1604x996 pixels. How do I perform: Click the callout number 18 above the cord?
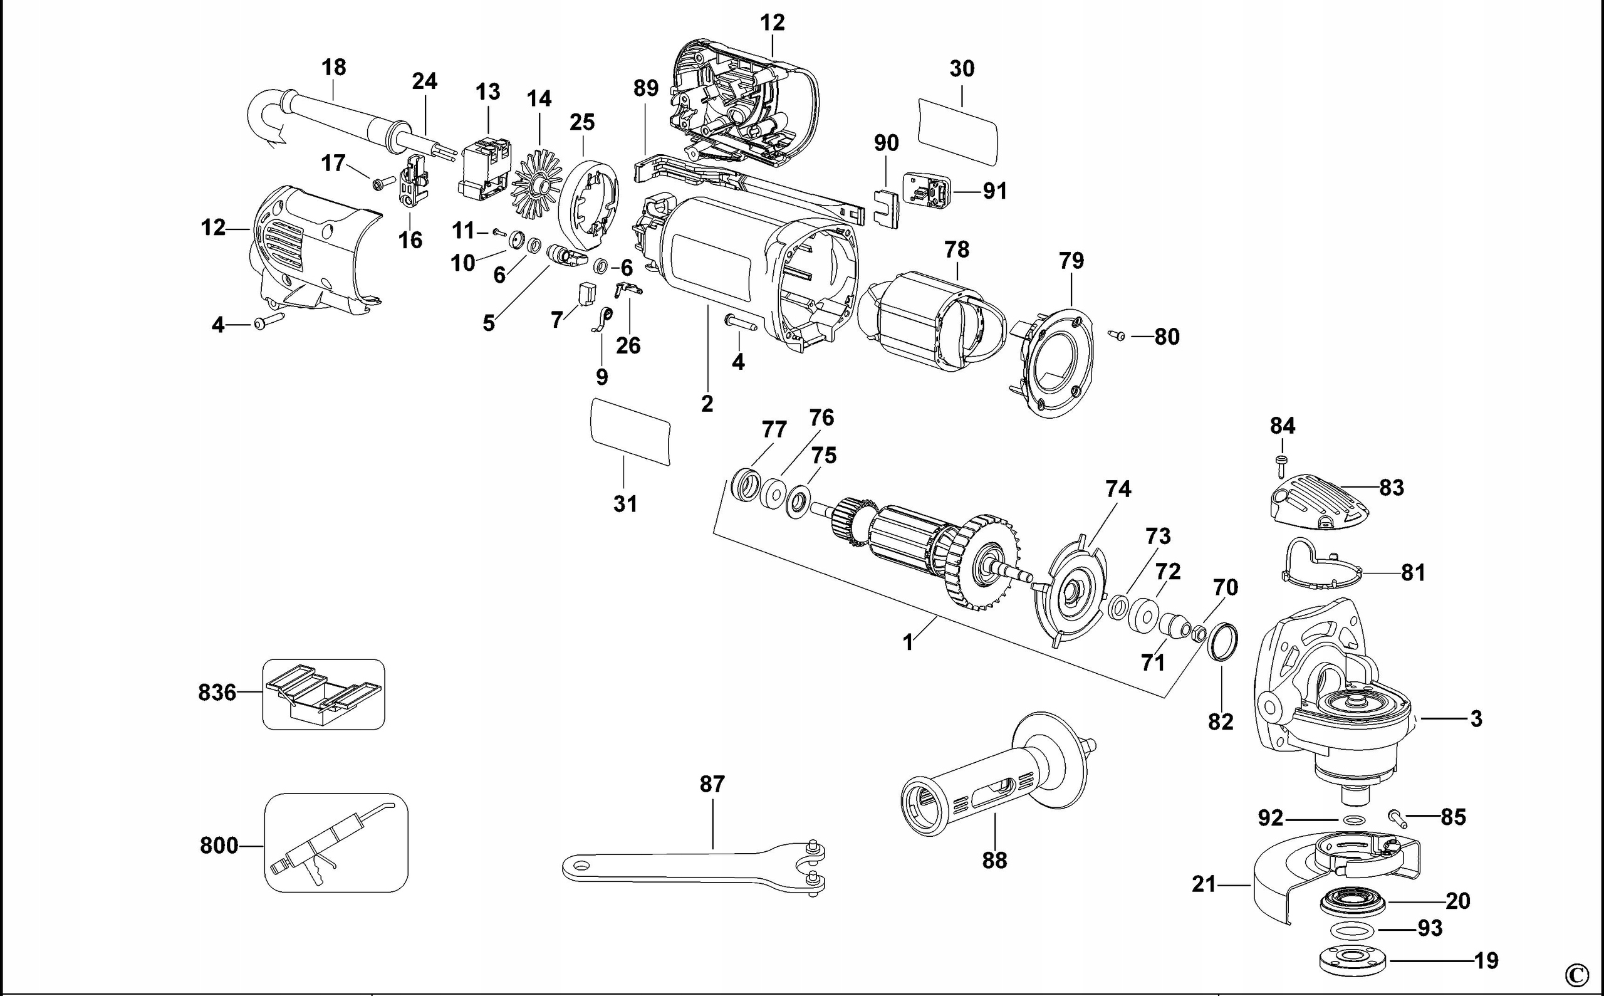coord(334,67)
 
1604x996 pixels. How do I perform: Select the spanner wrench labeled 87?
coord(691,866)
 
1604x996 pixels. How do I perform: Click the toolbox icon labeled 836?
coord(323,695)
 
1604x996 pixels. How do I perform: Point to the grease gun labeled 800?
coord(336,842)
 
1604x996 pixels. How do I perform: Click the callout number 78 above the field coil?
coord(956,249)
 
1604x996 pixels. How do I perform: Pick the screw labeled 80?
coord(1117,335)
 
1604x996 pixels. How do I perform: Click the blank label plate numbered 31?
coord(630,432)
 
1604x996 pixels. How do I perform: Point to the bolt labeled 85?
coord(1397,818)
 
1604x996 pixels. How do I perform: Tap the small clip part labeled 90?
coord(887,207)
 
